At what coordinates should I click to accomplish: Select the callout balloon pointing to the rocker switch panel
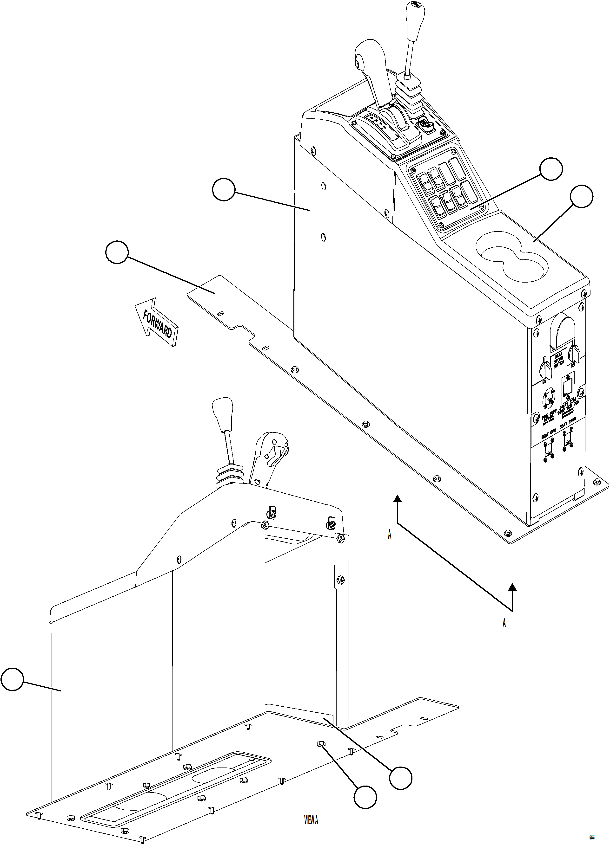pyautogui.click(x=551, y=169)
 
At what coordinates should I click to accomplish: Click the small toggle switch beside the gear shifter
pyautogui.click(x=424, y=123)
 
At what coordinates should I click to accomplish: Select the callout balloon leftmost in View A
pyautogui.click(x=12, y=679)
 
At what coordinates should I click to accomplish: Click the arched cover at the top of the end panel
pyautogui.click(x=563, y=328)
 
